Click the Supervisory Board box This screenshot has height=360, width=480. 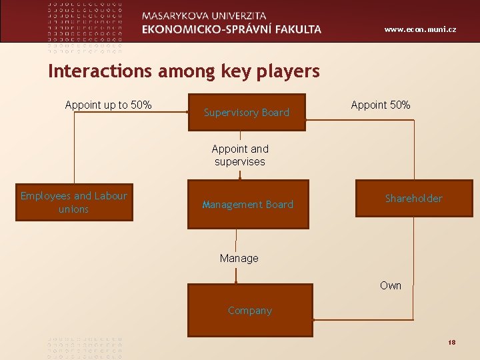tap(247, 113)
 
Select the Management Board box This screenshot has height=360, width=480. tap(248, 205)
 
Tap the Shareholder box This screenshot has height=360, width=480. tap(413, 199)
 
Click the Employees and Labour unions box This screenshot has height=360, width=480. tap(73, 203)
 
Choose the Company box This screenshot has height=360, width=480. tap(250, 311)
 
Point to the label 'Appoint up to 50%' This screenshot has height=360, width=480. tap(108, 105)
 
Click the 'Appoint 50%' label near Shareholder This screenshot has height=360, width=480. tap(381, 105)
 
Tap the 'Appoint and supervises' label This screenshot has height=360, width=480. tap(239, 155)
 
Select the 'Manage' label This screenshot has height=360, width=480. tap(239, 258)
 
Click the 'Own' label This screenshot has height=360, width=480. tap(391, 285)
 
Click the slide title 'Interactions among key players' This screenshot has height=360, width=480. tap(184, 71)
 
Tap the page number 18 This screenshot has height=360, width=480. tap(451, 342)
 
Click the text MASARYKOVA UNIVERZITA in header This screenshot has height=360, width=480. tap(204, 15)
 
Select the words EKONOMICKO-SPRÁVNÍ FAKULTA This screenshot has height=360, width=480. tap(231, 29)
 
